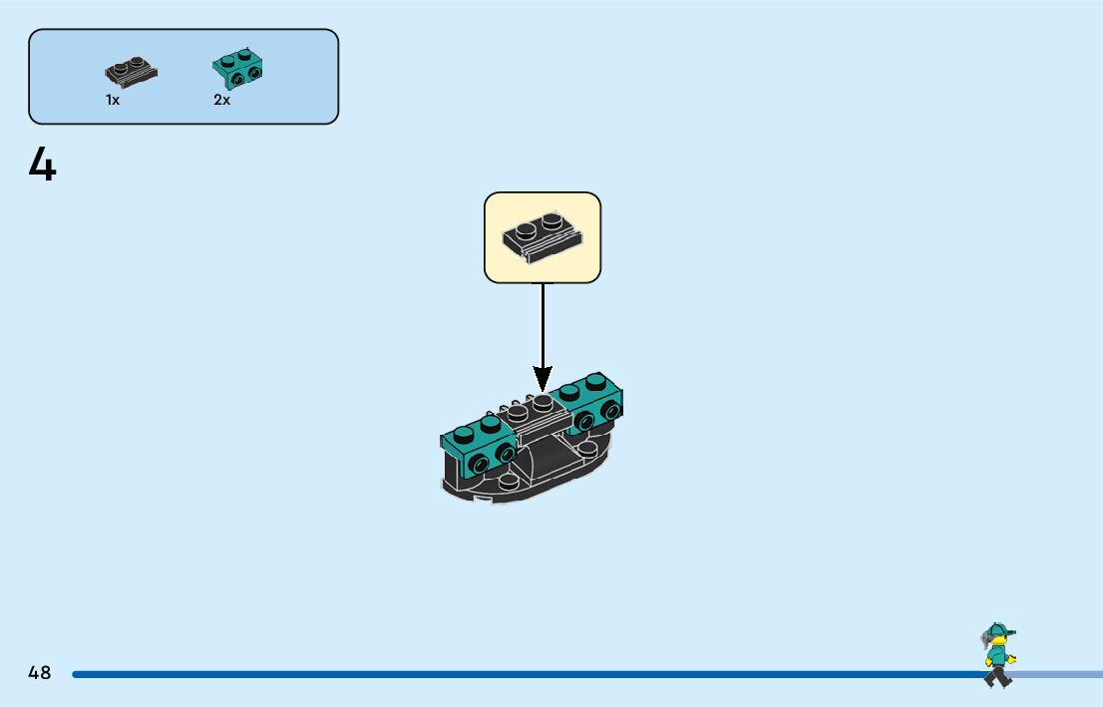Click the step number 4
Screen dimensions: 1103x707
point(43,165)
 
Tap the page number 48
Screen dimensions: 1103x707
point(40,673)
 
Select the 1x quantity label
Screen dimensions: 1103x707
point(113,100)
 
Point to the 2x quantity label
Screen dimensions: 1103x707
point(221,100)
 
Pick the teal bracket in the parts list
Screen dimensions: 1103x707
point(238,68)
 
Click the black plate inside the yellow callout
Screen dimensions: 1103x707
point(542,235)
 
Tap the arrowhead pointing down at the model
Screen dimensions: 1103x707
point(543,378)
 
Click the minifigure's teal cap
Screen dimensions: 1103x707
point(999,630)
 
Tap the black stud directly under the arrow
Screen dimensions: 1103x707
point(542,403)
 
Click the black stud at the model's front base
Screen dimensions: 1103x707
point(509,482)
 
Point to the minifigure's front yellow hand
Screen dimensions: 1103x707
point(1010,659)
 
